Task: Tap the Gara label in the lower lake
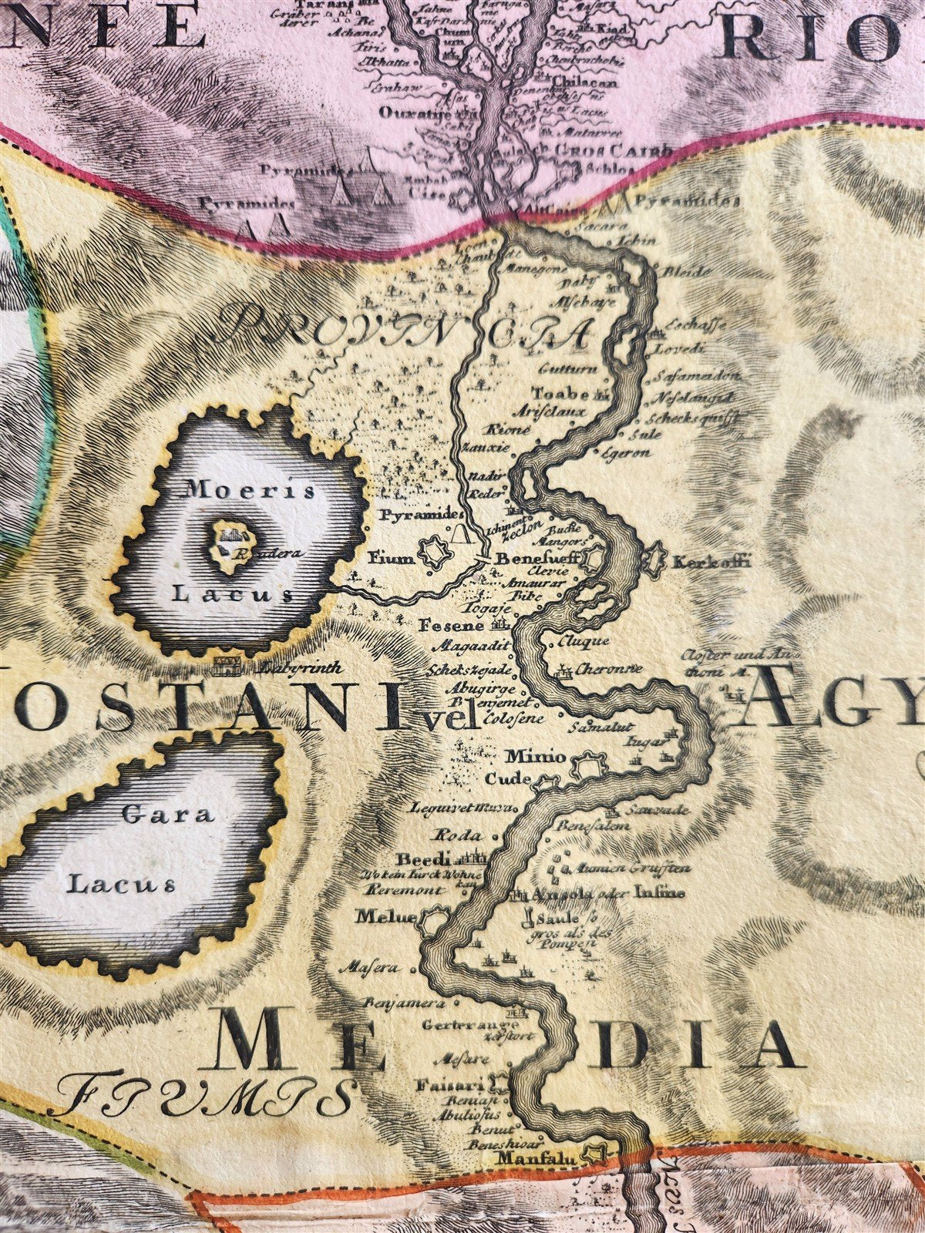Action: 168,815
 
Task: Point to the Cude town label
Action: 506,779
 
